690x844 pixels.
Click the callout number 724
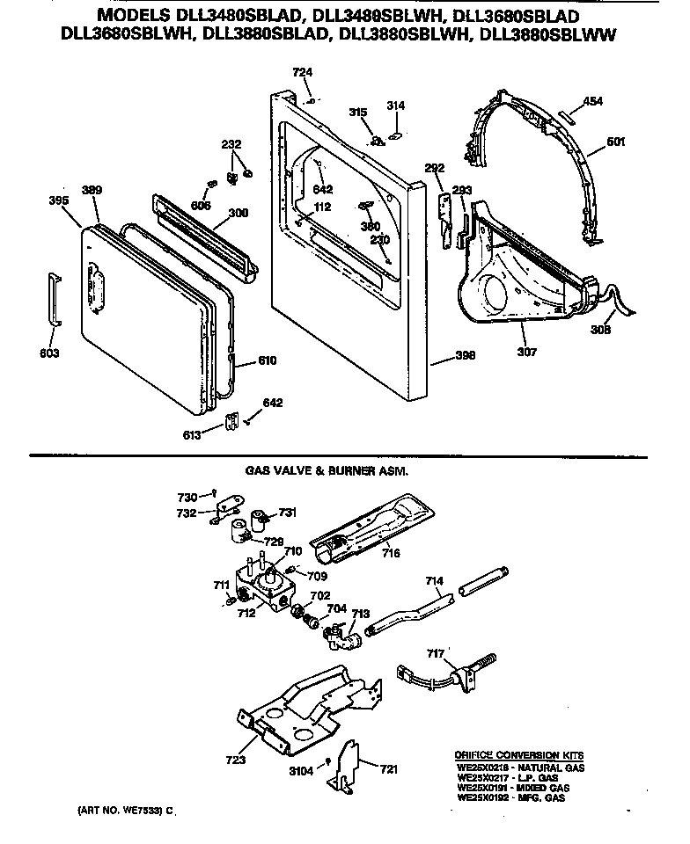302,72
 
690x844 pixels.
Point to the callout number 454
593,102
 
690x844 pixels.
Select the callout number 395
59,200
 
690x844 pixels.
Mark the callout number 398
466,355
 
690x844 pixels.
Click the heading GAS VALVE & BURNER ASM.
327,471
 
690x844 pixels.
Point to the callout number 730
189,497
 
